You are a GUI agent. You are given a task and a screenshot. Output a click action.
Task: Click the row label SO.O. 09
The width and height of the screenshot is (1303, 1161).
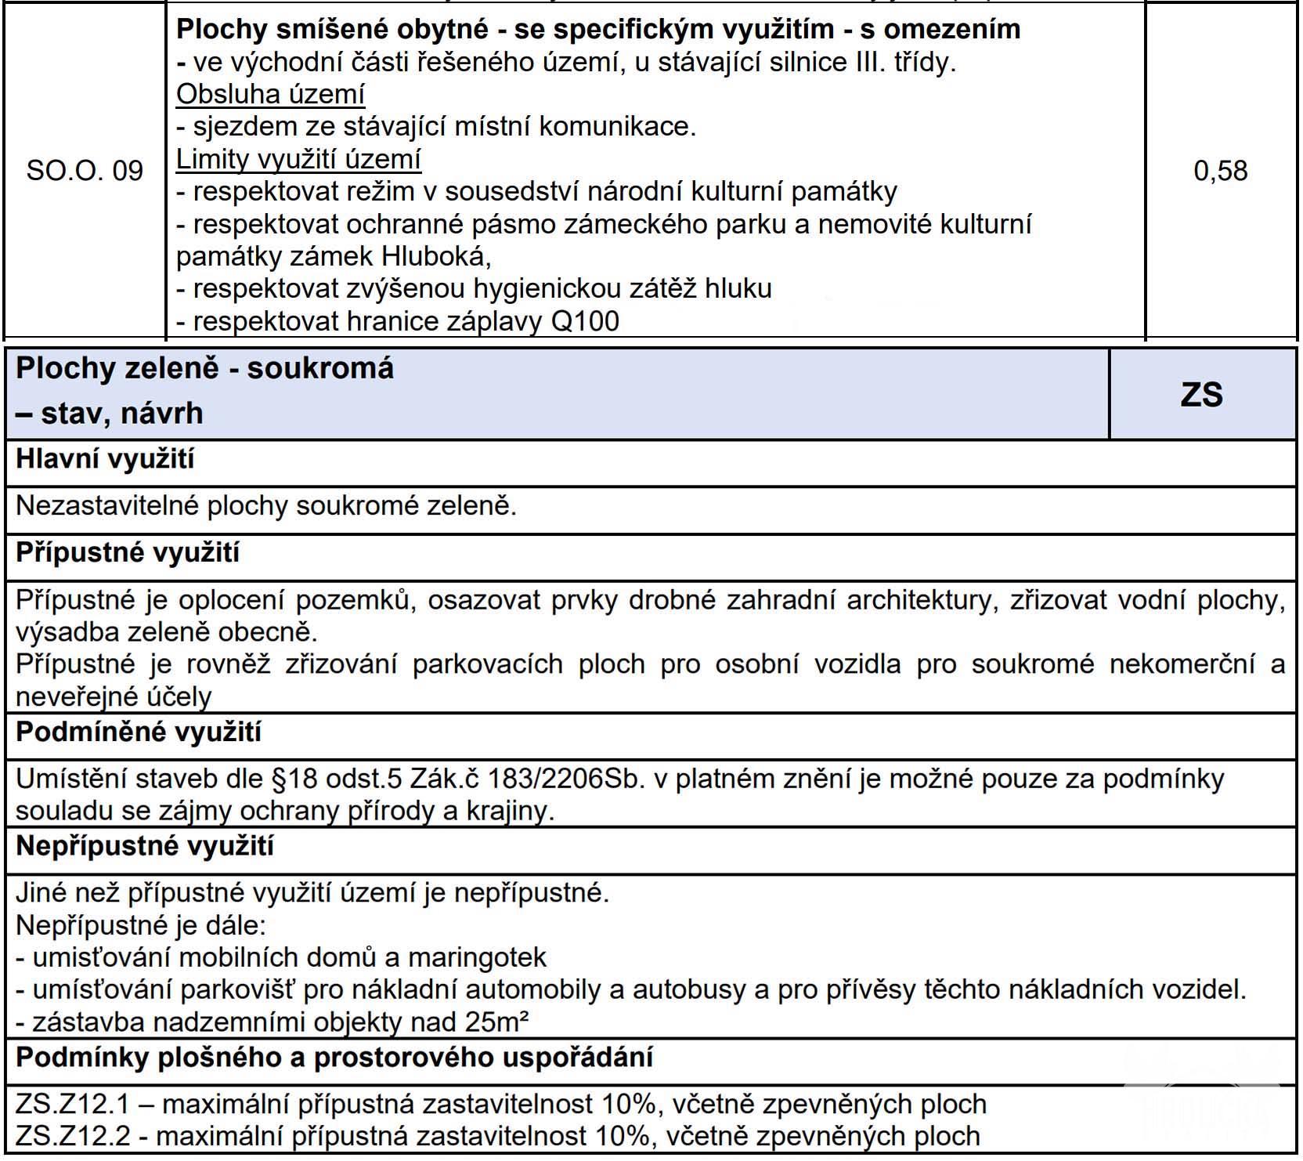click(85, 171)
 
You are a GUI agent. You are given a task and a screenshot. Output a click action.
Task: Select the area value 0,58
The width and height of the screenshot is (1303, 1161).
click(1220, 171)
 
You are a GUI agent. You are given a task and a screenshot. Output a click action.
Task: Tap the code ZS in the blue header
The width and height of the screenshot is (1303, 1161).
click(1201, 395)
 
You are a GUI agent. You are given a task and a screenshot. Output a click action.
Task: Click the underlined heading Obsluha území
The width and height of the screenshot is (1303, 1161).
click(270, 94)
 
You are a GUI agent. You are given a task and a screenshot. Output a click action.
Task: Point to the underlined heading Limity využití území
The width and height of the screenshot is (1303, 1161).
click(298, 159)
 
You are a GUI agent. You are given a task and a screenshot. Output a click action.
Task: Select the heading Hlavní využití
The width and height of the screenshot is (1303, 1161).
click(105, 459)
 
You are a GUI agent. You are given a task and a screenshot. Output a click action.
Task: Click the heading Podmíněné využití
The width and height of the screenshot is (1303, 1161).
click(139, 732)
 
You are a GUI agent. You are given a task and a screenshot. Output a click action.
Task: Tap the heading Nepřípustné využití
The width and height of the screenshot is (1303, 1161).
click(145, 847)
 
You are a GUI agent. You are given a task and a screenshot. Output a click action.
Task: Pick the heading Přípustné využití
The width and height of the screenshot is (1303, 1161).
click(128, 553)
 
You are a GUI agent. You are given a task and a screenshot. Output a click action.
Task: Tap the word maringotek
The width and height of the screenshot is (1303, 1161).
click(477, 957)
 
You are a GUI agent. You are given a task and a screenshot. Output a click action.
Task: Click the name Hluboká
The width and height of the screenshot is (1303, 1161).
click(435, 257)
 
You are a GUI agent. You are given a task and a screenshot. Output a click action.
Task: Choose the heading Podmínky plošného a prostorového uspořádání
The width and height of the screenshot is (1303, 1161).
click(334, 1058)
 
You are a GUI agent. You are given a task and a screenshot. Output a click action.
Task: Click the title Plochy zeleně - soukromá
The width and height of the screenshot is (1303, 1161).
click(205, 368)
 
